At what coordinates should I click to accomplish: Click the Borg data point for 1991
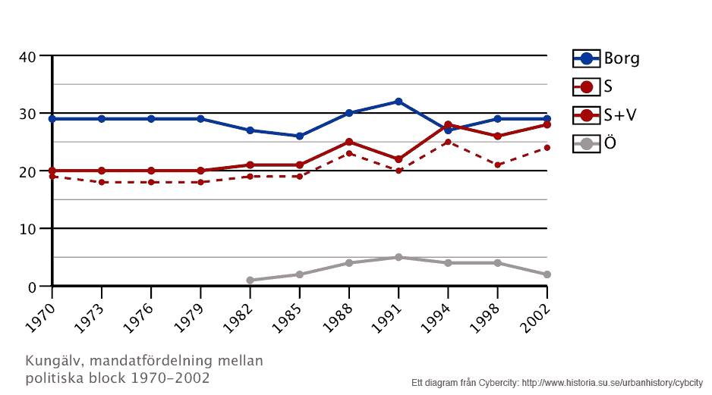399,102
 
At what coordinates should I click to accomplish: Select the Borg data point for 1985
299,136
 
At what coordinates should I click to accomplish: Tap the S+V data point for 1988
349,142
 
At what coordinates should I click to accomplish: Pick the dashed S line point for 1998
497,165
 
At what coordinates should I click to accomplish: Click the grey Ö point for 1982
250,281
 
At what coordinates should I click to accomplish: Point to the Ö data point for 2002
547,274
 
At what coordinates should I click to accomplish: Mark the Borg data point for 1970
52,119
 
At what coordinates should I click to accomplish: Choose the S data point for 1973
102,182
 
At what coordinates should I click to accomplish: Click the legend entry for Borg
606,58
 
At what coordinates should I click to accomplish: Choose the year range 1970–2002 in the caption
169,377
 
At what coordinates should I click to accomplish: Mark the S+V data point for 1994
448,125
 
